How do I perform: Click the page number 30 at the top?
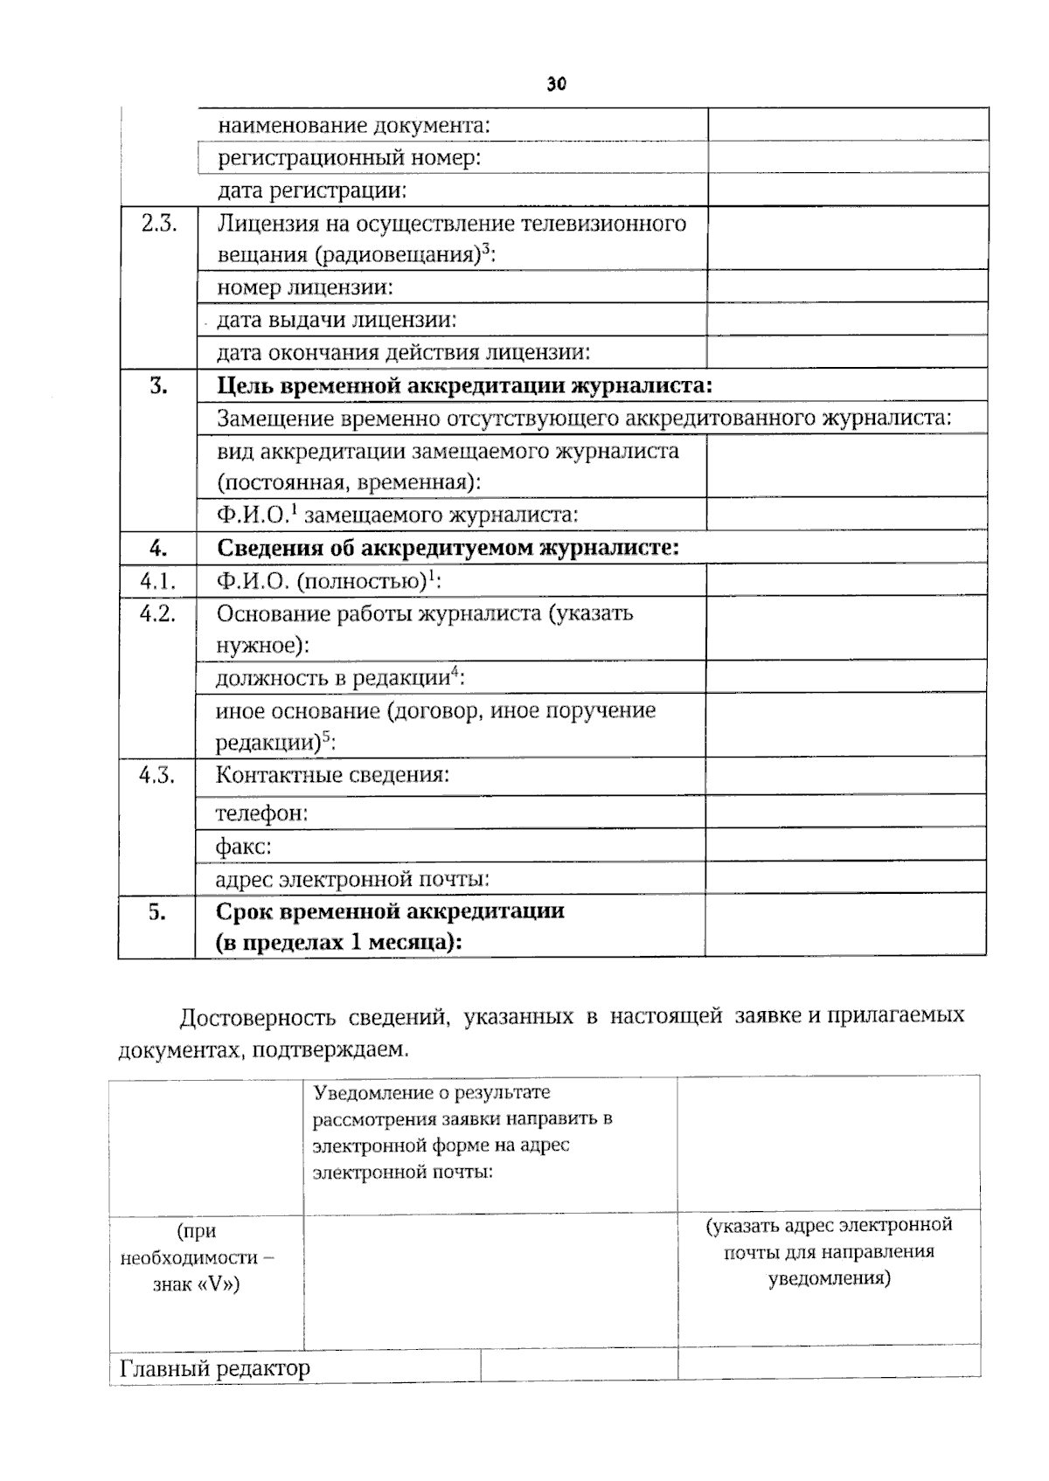pyautogui.click(x=556, y=84)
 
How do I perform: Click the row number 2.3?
pyautogui.click(x=158, y=223)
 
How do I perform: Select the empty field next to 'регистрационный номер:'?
pyautogui.click(x=847, y=156)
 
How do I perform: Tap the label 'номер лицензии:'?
pyautogui.click(x=304, y=287)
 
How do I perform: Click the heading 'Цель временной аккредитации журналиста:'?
pyautogui.click(x=464, y=386)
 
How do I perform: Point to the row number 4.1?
pyautogui.click(x=157, y=581)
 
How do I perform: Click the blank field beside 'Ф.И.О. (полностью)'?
pyautogui.click(x=845, y=581)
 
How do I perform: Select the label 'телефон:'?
pyautogui.click(x=261, y=813)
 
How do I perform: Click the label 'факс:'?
pyautogui.click(x=243, y=847)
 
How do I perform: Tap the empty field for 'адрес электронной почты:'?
pyautogui.click(x=845, y=878)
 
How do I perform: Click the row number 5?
pyautogui.click(x=156, y=911)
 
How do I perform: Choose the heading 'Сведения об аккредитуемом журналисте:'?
pyautogui.click(x=448, y=548)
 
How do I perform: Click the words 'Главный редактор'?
pyautogui.click(x=215, y=1367)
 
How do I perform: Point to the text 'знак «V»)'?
pyautogui.click(x=196, y=1284)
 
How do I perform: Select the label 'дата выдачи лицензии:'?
pyautogui.click(x=337, y=320)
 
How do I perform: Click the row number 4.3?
pyautogui.click(x=156, y=775)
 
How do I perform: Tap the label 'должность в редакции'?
pyautogui.click(x=332, y=678)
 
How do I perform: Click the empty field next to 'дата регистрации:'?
pyautogui.click(x=847, y=190)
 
